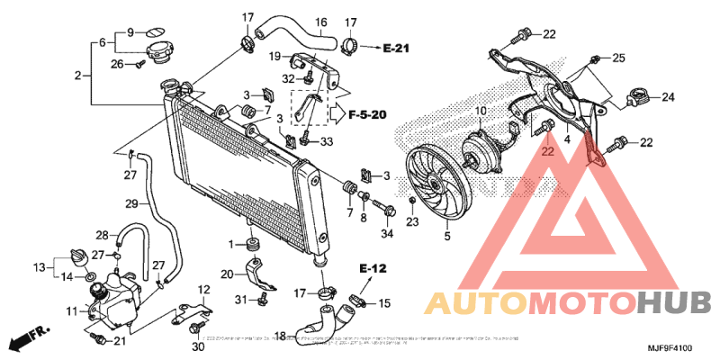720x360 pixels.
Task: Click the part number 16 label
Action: click(x=320, y=22)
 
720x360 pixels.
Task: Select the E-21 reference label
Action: click(x=396, y=47)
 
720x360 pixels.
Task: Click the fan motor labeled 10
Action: click(x=483, y=146)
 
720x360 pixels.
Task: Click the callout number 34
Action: click(x=388, y=235)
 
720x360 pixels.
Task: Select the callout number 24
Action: click(x=669, y=97)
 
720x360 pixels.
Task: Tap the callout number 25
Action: click(x=617, y=58)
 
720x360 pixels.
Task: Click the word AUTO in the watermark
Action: click(x=465, y=302)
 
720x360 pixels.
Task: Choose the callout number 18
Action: click(x=280, y=337)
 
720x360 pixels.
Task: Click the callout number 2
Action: click(x=78, y=75)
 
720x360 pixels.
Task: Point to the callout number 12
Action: click(x=203, y=289)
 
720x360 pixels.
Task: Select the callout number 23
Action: click(x=412, y=221)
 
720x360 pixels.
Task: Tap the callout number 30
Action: click(x=198, y=346)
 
